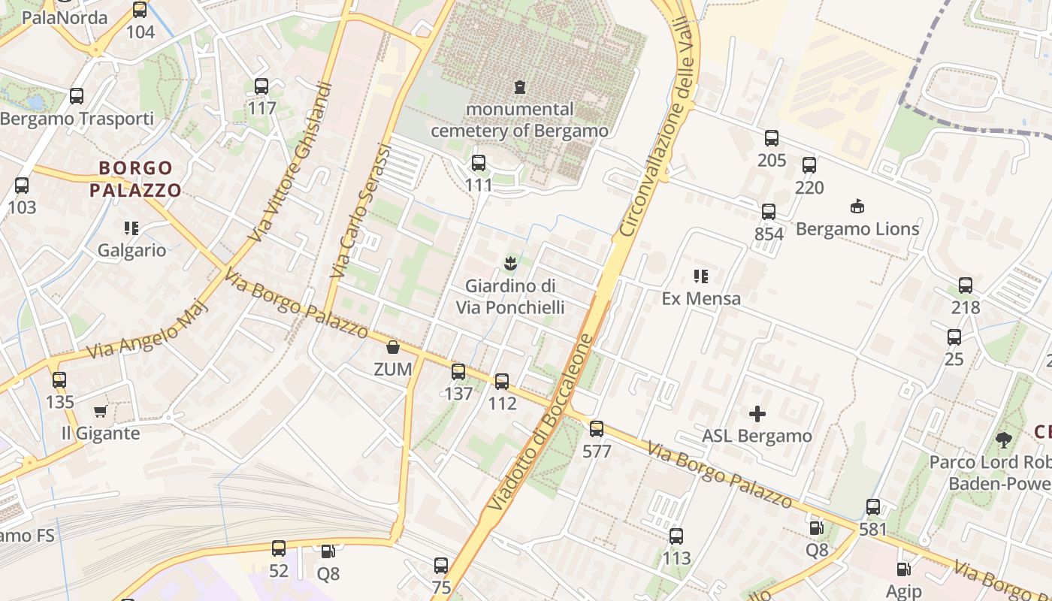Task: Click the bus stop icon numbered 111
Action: tap(479, 163)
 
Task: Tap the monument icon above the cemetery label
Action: tap(519, 87)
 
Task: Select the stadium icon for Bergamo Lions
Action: tap(857, 206)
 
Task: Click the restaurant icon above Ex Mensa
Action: tap(701, 276)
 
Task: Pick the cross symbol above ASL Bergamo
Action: tap(757, 413)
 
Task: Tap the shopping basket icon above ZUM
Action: tap(392, 347)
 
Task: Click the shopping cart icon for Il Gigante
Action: tap(100, 411)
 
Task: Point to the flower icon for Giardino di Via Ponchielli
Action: tap(510, 263)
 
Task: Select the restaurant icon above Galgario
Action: tap(131, 228)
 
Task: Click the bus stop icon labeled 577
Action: tap(597, 429)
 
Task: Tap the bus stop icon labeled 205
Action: tap(772, 138)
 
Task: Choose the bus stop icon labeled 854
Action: tap(769, 212)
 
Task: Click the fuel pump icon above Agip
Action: tap(903, 570)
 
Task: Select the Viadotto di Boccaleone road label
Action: tap(540, 423)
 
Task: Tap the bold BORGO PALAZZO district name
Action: tap(136, 179)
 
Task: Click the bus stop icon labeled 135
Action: tap(59, 380)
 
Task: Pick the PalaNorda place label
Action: tap(65, 18)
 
